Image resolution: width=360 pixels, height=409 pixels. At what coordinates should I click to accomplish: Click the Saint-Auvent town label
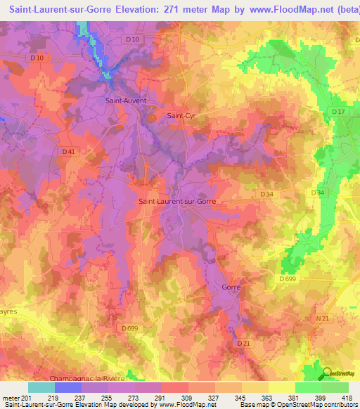click(x=125, y=100)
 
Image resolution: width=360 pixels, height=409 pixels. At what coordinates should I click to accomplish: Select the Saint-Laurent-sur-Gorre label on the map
click(x=177, y=202)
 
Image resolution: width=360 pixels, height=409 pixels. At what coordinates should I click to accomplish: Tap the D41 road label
click(x=68, y=151)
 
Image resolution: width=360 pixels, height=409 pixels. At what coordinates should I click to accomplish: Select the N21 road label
click(x=322, y=319)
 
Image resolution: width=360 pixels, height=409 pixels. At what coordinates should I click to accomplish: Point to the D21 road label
click(x=243, y=343)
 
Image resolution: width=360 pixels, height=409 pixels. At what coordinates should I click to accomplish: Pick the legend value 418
click(x=348, y=398)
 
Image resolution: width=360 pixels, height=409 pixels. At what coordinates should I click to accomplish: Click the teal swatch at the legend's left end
click(x=41, y=387)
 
